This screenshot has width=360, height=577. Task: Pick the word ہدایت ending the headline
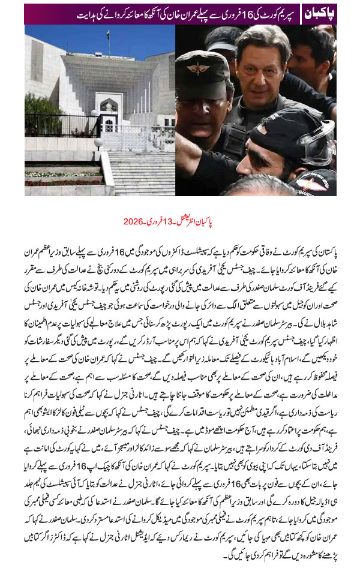38,13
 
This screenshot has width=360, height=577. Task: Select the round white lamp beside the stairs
98,143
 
